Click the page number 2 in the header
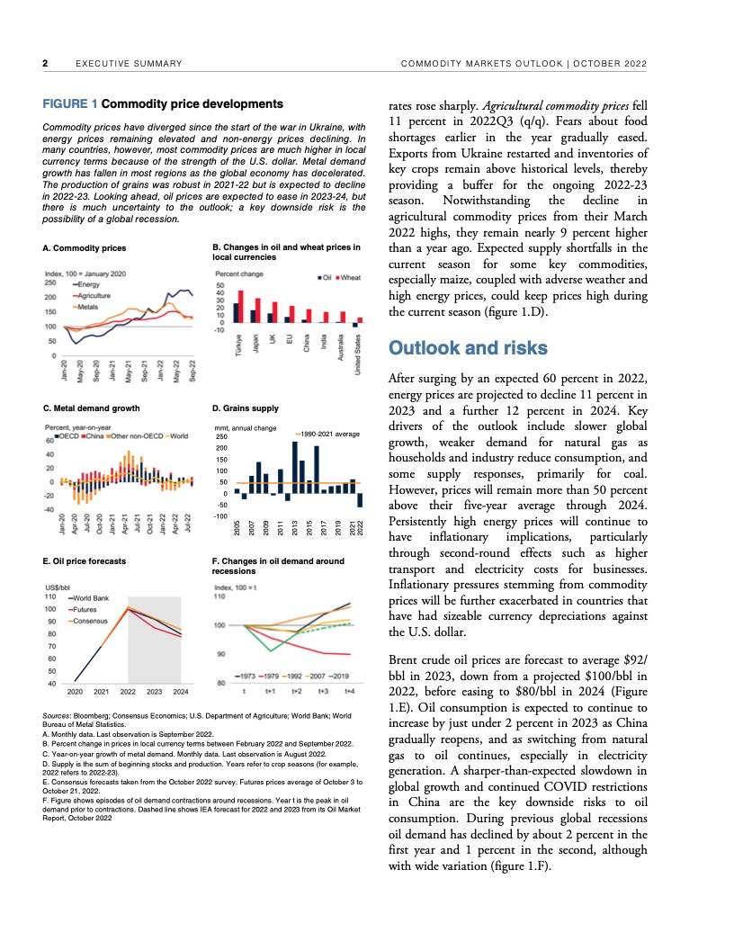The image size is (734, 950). (45, 63)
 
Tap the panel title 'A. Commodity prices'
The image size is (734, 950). (85, 247)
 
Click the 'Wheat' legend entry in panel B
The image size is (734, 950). (350, 277)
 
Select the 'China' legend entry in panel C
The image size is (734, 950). (96, 437)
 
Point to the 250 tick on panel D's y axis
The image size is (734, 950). (219, 437)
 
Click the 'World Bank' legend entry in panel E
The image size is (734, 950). (91, 598)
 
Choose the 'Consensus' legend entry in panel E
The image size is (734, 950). (91, 622)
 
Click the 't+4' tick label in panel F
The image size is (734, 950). (350, 692)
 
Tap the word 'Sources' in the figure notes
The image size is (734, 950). (58, 714)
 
